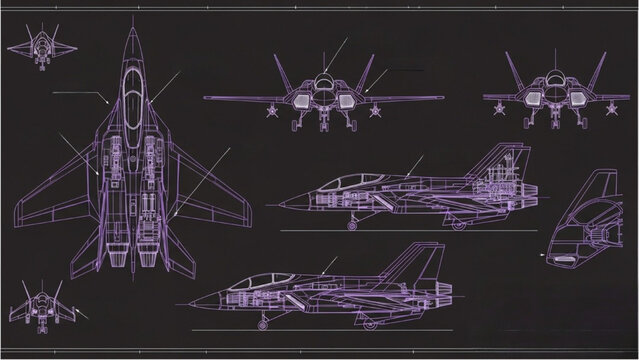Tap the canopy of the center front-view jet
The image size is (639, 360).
point(325,84)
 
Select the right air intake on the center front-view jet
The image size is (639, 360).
point(348,99)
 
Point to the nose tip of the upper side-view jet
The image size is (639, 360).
point(280,205)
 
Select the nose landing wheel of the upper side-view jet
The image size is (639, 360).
point(353,226)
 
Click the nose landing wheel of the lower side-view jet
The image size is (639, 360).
point(264,324)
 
